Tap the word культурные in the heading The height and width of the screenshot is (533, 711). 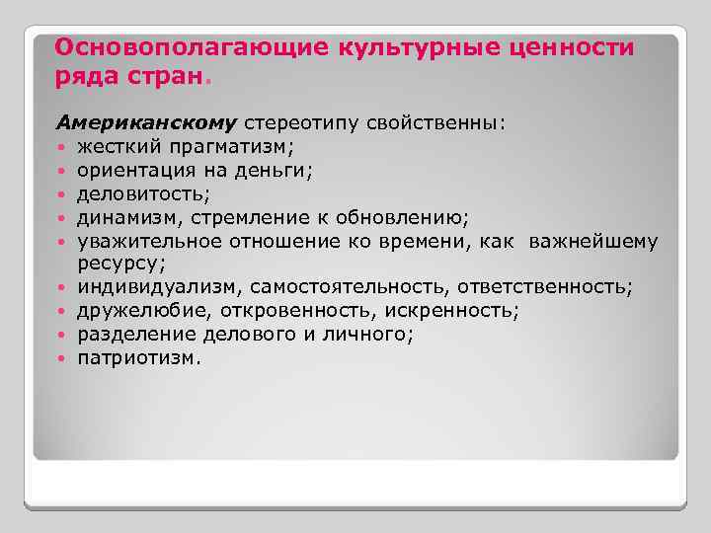[394, 47]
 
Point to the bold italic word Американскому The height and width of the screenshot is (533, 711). [146, 123]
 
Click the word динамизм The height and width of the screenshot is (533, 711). [119, 217]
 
